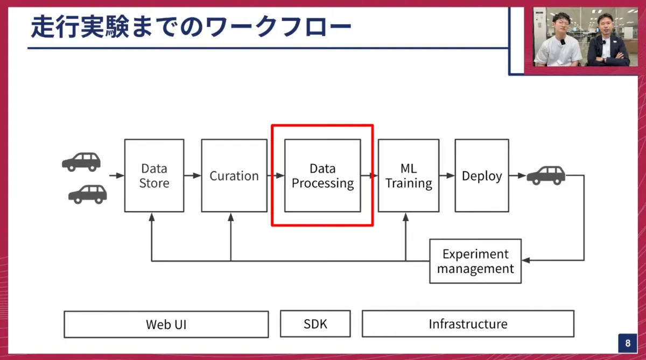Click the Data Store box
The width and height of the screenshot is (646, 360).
point(154,175)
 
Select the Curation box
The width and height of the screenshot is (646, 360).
point(234,175)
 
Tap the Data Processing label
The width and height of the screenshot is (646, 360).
point(322,176)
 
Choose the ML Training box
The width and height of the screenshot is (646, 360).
point(409,175)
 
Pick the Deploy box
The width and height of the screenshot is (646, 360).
point(482,175)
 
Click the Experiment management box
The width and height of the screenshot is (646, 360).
point(475,261)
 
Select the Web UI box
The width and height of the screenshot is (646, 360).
point(166,324)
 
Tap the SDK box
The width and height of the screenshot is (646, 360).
point(315,323)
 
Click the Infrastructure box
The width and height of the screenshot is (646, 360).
point(468,324)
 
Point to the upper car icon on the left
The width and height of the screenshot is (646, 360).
point(81,161)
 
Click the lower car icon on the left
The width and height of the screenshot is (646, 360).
point(88,194)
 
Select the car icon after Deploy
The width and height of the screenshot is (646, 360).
point(546,175)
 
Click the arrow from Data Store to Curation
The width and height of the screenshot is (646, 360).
point(193,175)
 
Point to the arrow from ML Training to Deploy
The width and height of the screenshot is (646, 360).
point(447,175)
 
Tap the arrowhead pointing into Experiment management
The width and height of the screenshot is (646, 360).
point(526,261)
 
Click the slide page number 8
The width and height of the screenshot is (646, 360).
point(627,343)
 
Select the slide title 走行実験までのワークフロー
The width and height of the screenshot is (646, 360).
point(191,27)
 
